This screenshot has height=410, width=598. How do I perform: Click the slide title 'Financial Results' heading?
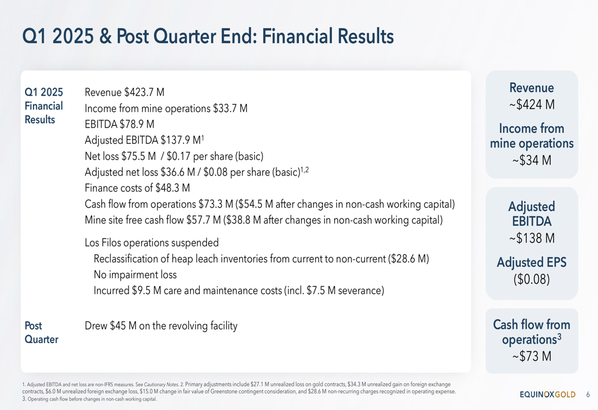click(208, 37)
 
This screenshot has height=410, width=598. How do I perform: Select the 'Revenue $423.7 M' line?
click(124, 92)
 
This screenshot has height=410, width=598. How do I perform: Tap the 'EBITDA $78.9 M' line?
click(120, 124)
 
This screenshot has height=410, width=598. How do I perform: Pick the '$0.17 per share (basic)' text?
click(215, 156)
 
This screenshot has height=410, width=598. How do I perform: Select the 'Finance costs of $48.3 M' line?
click(138, 188)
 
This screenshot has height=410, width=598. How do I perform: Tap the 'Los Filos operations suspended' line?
click(152, 243)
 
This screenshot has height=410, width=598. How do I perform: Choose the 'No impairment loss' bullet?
click(135, 275)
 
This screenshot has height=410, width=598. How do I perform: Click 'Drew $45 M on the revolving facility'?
click(161, 326)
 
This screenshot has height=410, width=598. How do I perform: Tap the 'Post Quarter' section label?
click(42, 333)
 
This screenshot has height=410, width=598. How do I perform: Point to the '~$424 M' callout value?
click(532, 104)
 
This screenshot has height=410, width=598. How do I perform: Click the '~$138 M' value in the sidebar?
click(532, 238)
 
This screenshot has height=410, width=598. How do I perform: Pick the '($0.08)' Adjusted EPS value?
click(532, 279)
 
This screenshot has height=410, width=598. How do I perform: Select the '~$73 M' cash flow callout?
click(532, 356)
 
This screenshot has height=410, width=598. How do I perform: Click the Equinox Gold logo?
click(548, 394)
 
